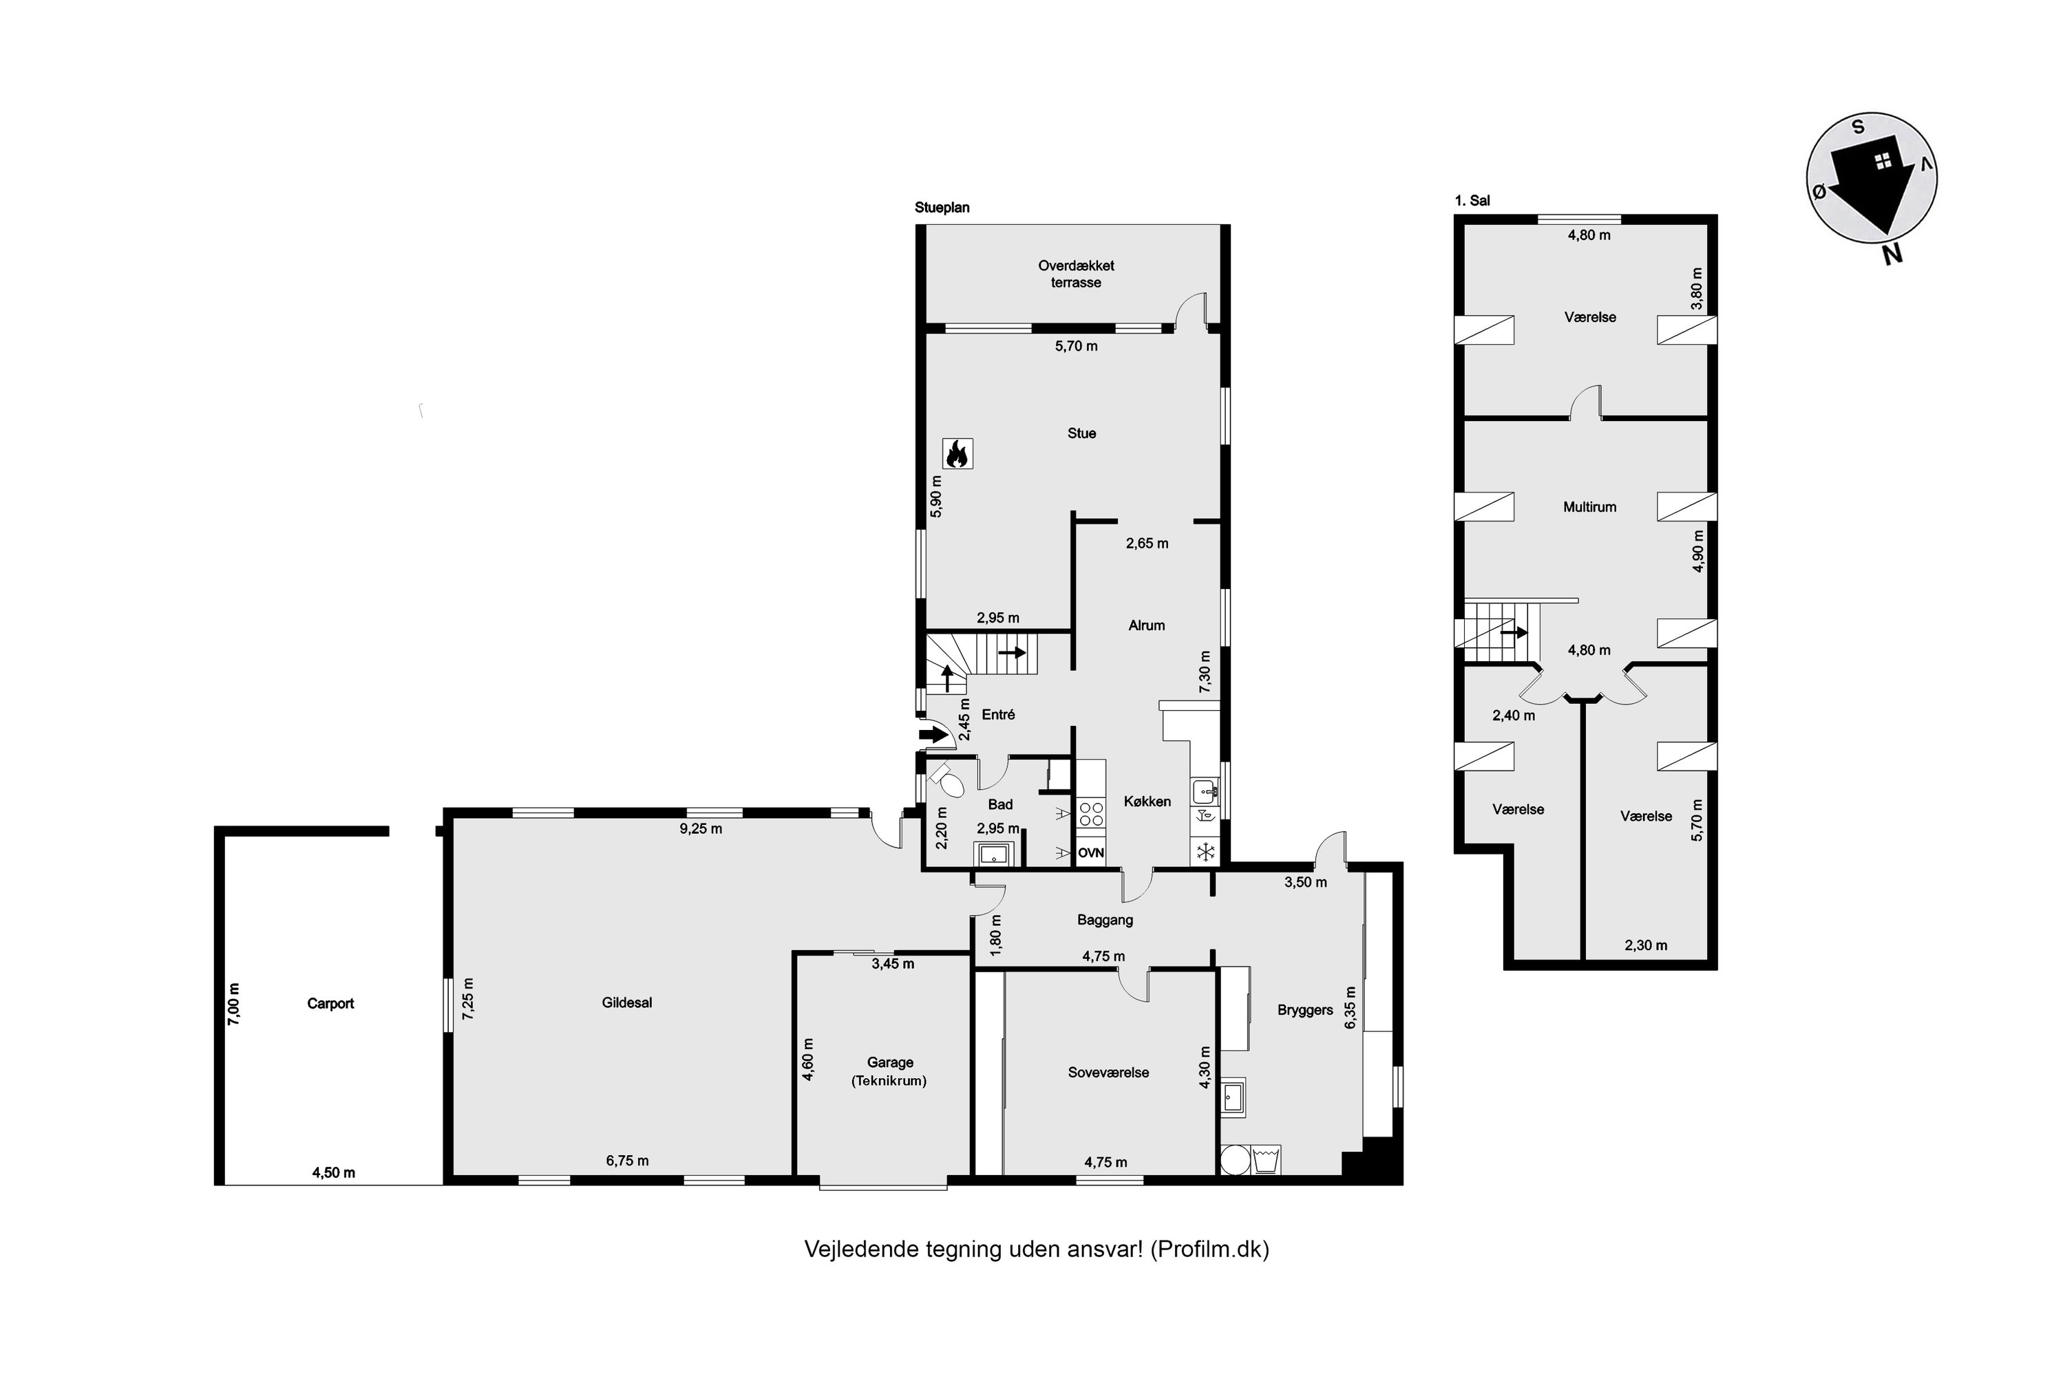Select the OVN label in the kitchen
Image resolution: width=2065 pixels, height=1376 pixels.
point(1090,852)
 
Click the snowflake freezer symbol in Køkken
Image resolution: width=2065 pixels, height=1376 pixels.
point(1205,850)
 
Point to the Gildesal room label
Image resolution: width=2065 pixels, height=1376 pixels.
point(627,1002)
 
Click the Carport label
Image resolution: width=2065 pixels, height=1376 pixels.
point(330,1003)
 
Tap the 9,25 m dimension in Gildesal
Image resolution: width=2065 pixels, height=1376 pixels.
point(701,828)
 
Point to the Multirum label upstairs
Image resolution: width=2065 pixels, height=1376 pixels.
point(1589,506)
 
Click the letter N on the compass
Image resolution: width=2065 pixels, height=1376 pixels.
point(1892,254)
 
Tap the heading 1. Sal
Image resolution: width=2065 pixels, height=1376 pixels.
point(1472,200)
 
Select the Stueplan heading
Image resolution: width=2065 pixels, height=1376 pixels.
point(942,208)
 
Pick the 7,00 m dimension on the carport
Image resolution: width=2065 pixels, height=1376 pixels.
point(233,1003)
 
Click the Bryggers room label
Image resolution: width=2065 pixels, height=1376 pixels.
point(1304,1009)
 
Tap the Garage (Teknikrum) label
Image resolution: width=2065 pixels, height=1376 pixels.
point(889,1071)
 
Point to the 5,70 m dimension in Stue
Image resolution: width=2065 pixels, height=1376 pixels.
point(1077,346)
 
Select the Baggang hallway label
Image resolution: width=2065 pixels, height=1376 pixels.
point(1105,920)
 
